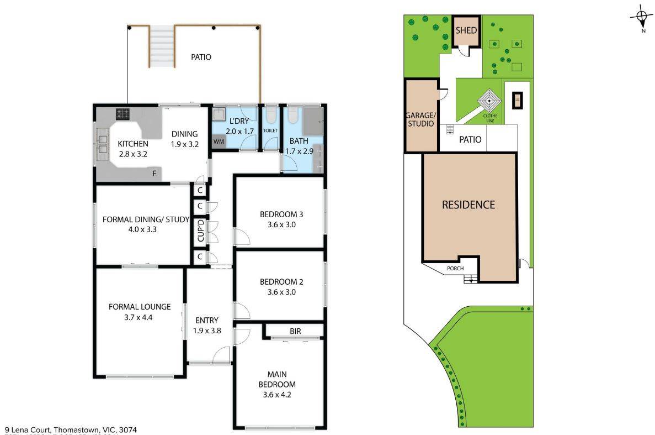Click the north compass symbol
(642, 18)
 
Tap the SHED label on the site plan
(466, 30)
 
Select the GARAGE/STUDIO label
(420, 119)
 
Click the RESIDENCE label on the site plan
(468, 205)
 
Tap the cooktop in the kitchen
(122, 114)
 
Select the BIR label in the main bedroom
(295, 331)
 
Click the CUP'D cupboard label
(201, 231)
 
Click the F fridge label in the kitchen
(155, 174)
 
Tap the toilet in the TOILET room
(270, 117)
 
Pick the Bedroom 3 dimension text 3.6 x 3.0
(281, 224)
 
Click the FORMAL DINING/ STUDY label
(146, 219)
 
